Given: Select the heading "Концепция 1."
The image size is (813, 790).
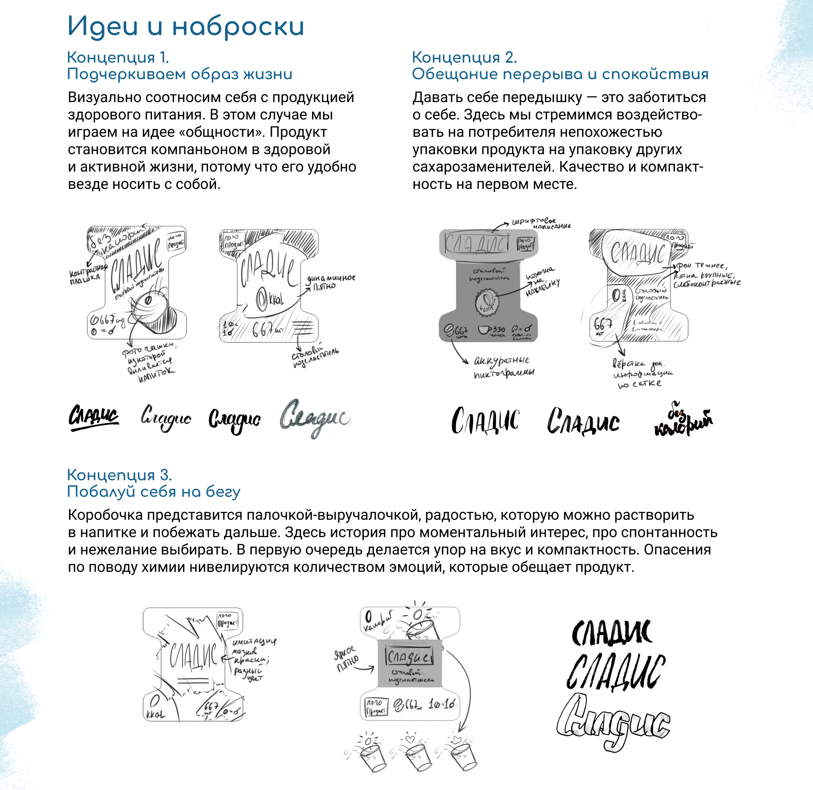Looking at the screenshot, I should point(118,57).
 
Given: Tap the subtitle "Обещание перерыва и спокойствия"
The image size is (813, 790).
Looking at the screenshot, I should point(560,74).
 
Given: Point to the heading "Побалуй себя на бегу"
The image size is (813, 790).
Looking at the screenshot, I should point(153,492).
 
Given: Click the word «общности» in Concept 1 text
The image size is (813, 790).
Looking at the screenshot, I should point(221,133).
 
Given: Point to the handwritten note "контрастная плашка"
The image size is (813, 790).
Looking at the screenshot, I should point(87,274).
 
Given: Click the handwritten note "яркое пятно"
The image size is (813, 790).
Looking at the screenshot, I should point(346,659).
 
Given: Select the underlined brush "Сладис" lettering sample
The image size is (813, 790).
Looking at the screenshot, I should point(94,417).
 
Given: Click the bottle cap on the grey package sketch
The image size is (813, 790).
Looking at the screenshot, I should point(487,303).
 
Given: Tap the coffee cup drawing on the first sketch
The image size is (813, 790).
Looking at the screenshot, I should point(152,311).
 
